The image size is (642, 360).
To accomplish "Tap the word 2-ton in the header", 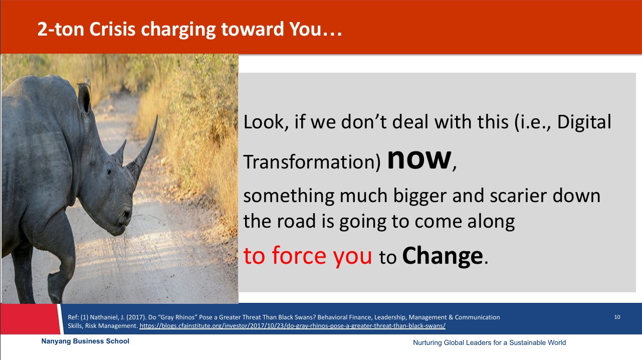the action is pos(61,29).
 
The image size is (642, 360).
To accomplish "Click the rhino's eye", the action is pos(109,171).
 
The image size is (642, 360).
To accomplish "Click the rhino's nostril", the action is pos(126,214).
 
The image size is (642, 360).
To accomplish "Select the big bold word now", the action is pos(419,159).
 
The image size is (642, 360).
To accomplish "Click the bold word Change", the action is pos(443,256).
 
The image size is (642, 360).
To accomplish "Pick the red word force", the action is pos(299,255).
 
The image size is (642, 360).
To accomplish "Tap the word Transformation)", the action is pos(312,161).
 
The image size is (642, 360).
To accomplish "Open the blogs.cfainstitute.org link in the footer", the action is pos(292,326).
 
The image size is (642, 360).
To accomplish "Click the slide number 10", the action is pos(617,317).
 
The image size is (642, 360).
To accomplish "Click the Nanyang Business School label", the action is pos(85,341).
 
